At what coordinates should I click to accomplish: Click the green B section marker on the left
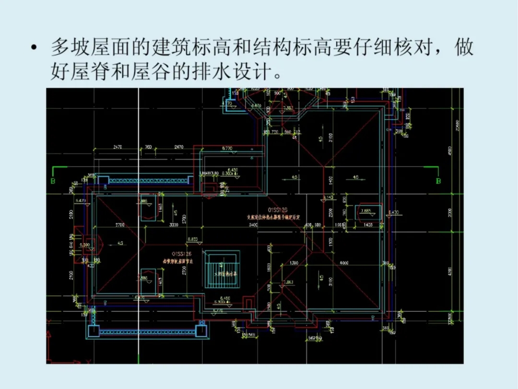[53, 181]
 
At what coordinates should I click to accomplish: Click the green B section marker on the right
[438, 181]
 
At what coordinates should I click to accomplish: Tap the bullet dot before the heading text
[33, 48]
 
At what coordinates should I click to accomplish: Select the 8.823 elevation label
[193, 238]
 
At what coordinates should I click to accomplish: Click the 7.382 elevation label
[288, 109]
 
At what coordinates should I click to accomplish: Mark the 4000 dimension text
[343, 262]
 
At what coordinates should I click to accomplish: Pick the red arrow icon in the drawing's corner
[49, 336]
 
